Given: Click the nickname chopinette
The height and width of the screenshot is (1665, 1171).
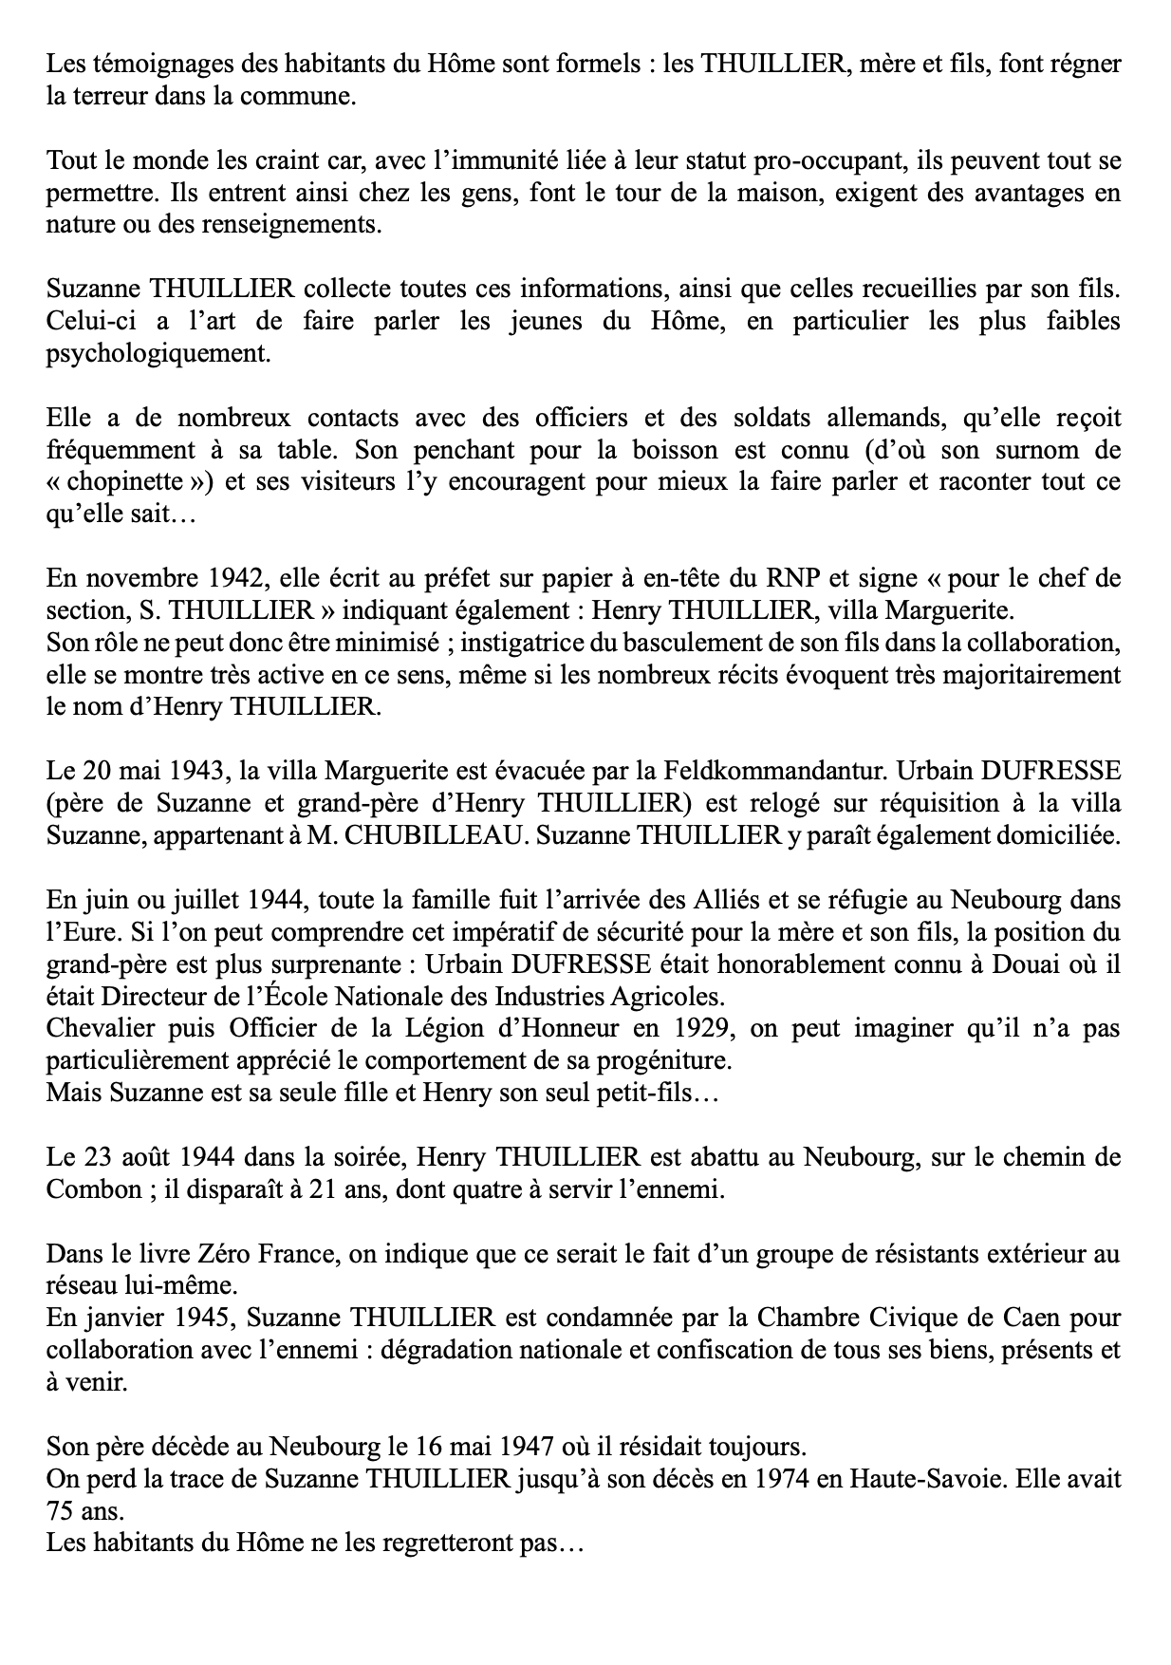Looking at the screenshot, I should pyautogui.click(x=129, y=481).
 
